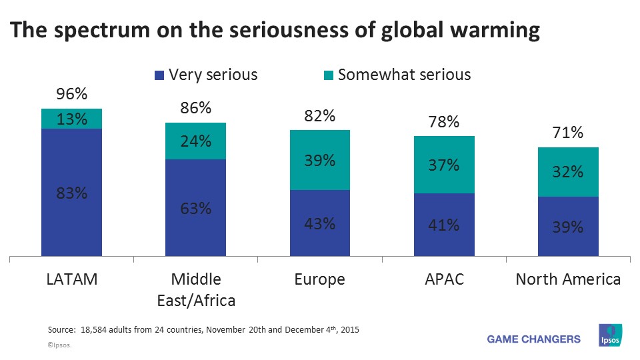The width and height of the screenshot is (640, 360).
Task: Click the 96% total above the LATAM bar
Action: click(71, 95)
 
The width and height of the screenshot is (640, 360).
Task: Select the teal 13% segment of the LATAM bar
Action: click(71, 119)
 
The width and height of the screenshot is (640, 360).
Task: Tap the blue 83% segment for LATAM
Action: click(71, 193)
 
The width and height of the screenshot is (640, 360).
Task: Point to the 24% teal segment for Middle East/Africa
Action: click(196, 141)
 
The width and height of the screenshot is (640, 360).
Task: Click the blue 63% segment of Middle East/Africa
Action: click(196, 208)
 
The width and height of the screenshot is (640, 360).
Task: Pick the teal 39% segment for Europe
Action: click(320, 160)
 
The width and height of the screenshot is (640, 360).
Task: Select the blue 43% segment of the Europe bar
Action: click(320, 223)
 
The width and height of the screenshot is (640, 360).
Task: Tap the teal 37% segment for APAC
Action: click(444, 165)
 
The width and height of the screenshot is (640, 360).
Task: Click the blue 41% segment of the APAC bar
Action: click(444, 225)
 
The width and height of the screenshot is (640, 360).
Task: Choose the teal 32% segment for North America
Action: click(568, 172)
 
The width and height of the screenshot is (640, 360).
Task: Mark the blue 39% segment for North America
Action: click(568, 227)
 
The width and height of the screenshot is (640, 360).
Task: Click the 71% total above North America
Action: click(568, 133)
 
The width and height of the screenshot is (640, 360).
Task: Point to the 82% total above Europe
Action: click(320, 116)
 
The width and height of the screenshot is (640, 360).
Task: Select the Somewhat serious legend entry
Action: click(397, 75)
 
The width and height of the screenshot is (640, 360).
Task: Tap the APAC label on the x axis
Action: click(444, 279)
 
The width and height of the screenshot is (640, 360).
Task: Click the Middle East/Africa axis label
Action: click(196, 289)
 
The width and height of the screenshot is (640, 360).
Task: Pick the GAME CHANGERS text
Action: click(534, 339)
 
